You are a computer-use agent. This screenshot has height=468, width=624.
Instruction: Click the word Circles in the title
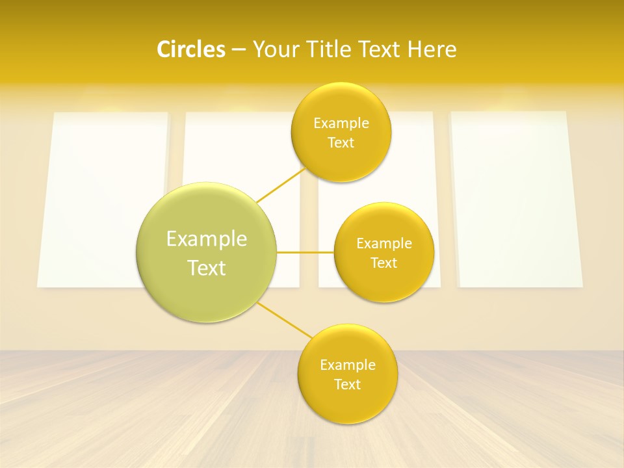(190, 49)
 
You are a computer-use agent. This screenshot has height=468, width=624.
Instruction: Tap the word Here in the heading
(432, 49)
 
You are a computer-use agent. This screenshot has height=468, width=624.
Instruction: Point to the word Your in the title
(274, 49)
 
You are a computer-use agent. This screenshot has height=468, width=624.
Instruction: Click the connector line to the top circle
(281, 185)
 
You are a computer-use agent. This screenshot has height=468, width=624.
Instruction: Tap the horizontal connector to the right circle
(305, 252)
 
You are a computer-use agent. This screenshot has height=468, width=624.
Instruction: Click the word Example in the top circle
(341, 123)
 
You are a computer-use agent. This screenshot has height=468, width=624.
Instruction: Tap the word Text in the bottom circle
(348, 384)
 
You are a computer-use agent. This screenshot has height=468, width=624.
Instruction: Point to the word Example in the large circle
(207, 239)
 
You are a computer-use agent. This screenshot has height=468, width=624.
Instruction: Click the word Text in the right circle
(384, 263)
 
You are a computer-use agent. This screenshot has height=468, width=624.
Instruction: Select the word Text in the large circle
(207, 268)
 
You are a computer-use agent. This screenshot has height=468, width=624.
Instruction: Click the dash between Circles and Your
(238, 49)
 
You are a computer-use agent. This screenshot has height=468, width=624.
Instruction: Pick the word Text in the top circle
(341, 142)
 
